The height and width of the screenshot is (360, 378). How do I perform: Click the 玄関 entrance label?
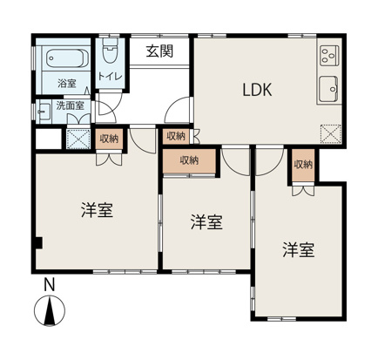tap(159, 51)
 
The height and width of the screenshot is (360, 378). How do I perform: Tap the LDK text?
tap(258, 89)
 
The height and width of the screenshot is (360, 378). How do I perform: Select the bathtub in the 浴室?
tap(64, 60)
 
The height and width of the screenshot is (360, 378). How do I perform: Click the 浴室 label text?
tap(66, 84)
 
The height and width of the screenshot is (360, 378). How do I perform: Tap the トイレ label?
tap(111, 77)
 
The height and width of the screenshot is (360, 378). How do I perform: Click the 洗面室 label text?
tap(69, 105)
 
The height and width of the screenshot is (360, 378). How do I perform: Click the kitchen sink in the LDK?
tap(329, 89)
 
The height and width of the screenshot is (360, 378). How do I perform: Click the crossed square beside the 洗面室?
tap(78, 139)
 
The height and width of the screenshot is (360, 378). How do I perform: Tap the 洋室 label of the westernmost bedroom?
tap(99, 210)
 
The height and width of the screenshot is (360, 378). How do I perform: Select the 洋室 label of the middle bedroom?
tap(206, 222)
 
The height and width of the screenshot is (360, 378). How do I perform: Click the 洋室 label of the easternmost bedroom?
tap(298, 250)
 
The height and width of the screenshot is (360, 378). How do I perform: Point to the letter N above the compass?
tap(50, 284)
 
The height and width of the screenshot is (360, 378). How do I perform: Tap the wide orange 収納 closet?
tap(189, 160)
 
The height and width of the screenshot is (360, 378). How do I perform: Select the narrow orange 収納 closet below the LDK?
tap(302, 166)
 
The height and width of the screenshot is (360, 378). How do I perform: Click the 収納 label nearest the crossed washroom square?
tap(109, 139)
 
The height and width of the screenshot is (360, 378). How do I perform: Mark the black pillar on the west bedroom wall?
tap(37, 241)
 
